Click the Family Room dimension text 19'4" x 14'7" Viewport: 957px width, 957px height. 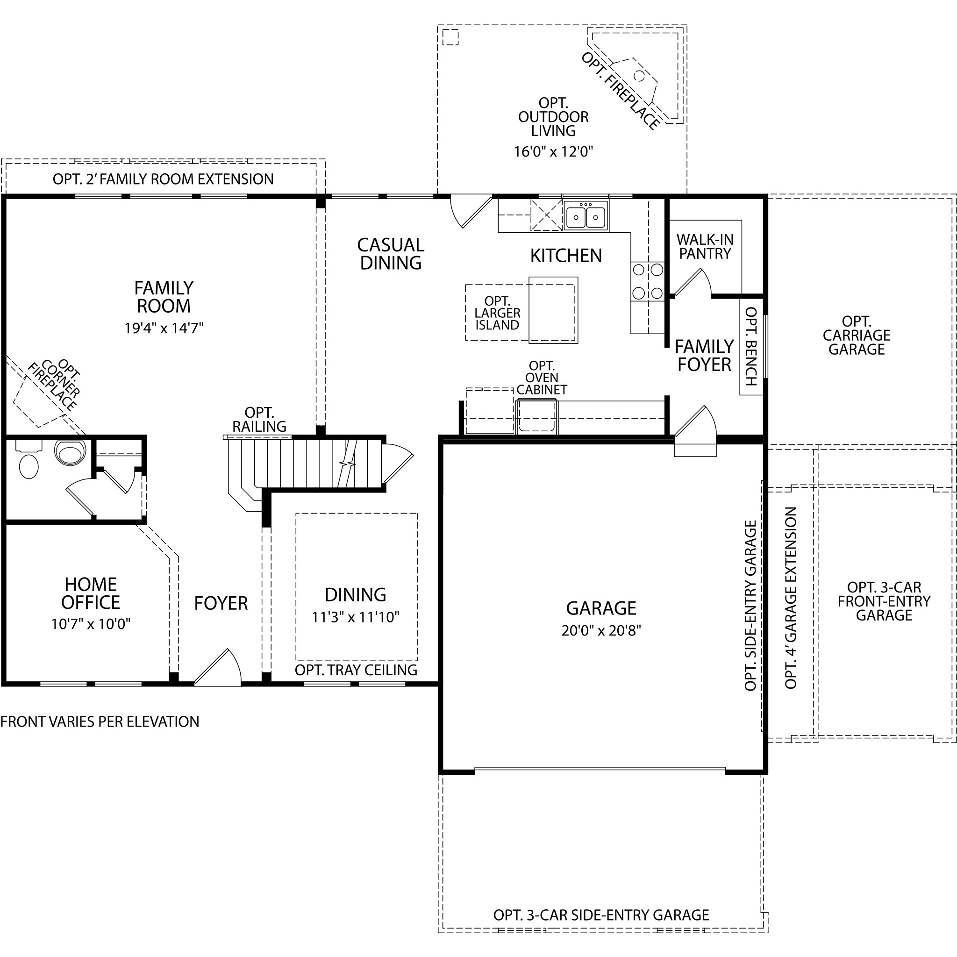click(164, 328)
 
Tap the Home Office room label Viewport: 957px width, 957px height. click(91, 593)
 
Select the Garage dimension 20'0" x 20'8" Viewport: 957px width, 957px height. click(601, 630)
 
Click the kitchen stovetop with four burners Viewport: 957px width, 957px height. click(647, 281)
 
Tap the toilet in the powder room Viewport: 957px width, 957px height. click(70, 452)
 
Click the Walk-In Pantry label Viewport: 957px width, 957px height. click(705, 247)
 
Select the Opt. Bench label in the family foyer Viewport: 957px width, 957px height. click(751, 346)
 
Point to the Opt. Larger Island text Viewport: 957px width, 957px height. click(497, 313)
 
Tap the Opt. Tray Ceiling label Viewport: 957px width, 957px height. click(356, 670)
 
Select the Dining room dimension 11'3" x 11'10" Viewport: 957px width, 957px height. click(356, 617)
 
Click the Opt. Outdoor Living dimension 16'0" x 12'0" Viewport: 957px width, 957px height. click(553, 151)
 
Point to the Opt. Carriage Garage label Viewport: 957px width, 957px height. click(857, 336)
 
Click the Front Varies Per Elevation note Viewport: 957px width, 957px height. click(100, 721)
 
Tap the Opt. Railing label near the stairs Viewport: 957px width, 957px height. click(259, 420)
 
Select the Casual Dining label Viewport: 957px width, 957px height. click(391, 254)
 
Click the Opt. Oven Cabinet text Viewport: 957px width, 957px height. click(542, 378)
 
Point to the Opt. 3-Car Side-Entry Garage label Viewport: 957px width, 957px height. click(601, 915)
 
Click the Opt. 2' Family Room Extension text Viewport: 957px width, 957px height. click(164, 179)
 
